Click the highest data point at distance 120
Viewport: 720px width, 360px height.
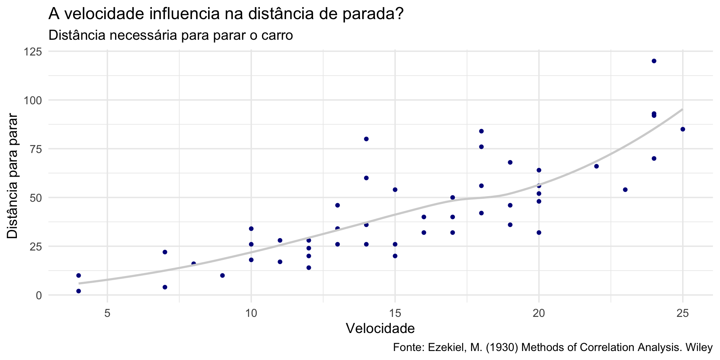pyautogui.click(x=654, y=61)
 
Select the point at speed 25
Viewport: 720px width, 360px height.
pyautogui.click(x=682, y=129)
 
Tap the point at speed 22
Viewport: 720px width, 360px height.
pyautogui.click(x=596, y=166)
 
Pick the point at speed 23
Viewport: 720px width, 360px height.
pyautogui.click(x=625, y=190)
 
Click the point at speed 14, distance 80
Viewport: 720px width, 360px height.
pyautogui.click(x=366, y=139)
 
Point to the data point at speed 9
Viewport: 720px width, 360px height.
pyautogui.click(x=222, y=276)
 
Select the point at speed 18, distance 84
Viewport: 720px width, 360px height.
pyautogui.click(x=481, y=131)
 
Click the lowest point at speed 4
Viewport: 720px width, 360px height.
pyautogui.click(x=78, y=291)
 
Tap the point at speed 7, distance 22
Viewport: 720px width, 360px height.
pyautogui.click(x=165, y=252)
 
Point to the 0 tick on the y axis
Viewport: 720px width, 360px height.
pyautogui.click(x=39, y=295)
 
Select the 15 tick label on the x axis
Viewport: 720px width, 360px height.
pyautogui.click(x=395, y=313)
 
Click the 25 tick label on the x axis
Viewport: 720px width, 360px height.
pyautogui.click(x=682, y=313)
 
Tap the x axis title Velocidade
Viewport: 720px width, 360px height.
pyautogui.click(x=380, y=328)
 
